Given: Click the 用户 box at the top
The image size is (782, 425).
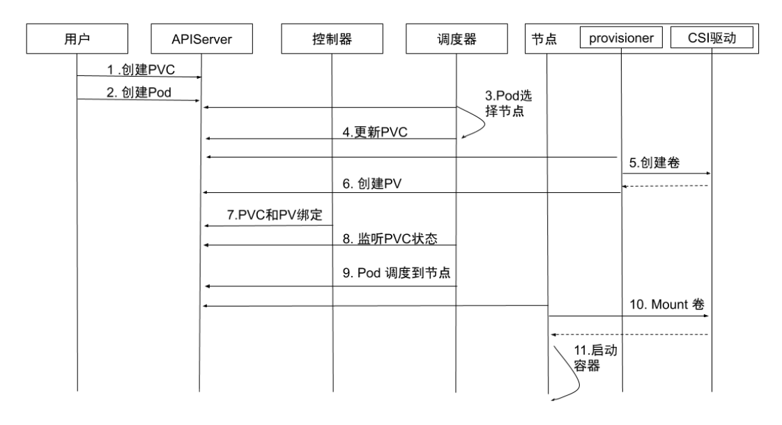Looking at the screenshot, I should coord(76,40).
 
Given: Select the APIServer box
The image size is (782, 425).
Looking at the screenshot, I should coord(201,40).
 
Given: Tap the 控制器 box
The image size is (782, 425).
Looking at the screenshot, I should coord(332,40).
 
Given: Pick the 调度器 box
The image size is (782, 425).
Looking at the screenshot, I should coord(455,40).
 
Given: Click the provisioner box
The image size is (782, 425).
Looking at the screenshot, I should coord(620,39).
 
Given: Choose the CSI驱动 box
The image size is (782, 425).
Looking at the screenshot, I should coord(712,39).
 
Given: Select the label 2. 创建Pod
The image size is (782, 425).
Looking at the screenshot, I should coord(137,91).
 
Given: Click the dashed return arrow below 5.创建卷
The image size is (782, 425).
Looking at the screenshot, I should coord(666,185).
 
